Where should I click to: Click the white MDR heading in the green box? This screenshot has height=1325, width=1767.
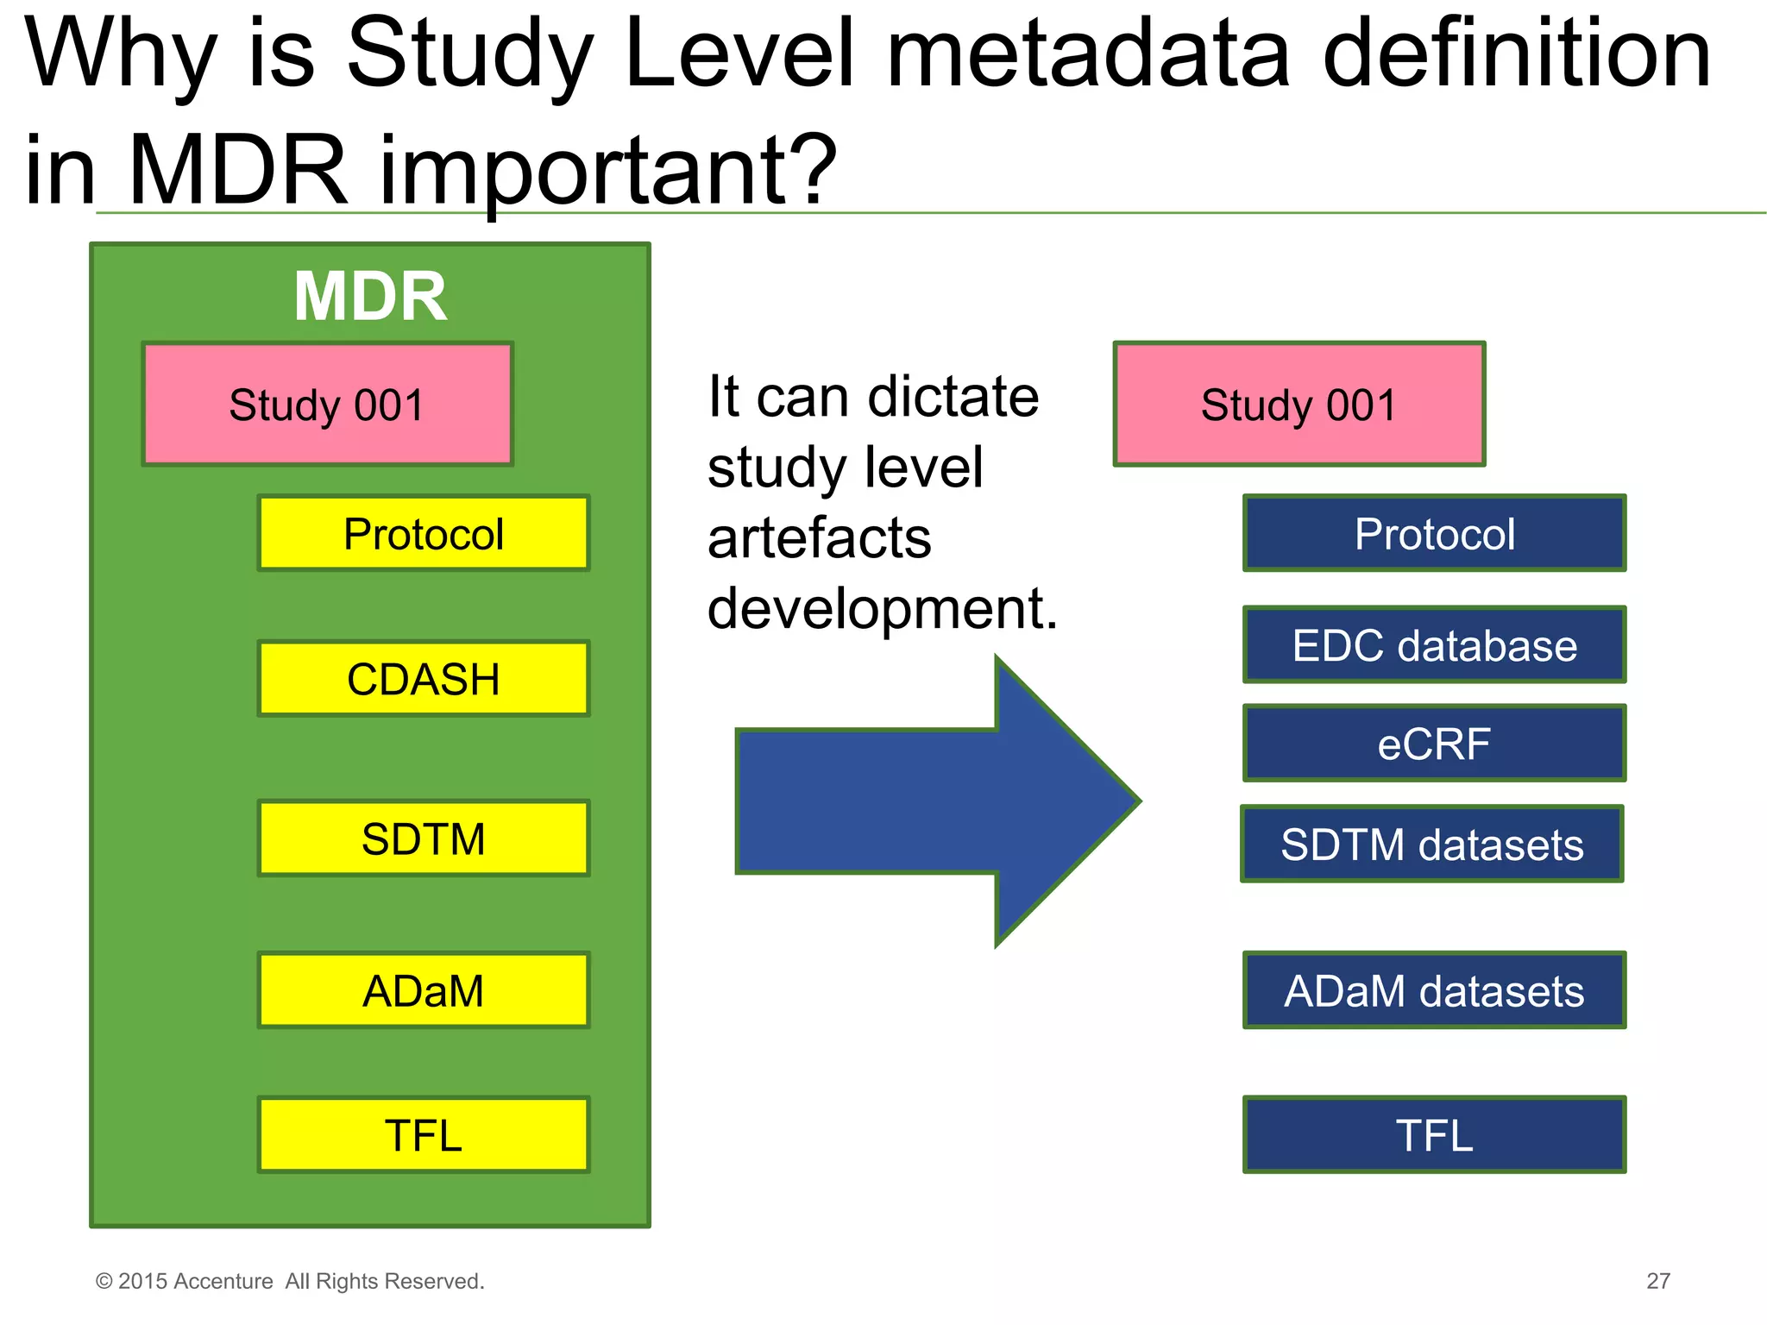tap(370, 297)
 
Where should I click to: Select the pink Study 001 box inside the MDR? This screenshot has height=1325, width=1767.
tap(327, 405)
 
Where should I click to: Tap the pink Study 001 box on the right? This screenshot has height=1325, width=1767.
tap(1299, 405)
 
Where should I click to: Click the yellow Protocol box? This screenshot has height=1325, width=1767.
tap(424, 534)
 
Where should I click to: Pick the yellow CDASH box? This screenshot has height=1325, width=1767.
tap(424, 679)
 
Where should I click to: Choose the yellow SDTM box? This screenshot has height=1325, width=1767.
tap(424, 838)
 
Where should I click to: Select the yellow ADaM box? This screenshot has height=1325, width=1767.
tap(424, 990)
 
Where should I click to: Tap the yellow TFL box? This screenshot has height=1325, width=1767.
tap(424, 1134)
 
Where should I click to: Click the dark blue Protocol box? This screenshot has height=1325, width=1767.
tap(1434, 534)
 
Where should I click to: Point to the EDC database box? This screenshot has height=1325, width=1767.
tap(1434, 645)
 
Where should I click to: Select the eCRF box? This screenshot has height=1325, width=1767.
tap(1434, 744)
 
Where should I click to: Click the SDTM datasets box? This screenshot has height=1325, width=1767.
tap(1432, 844)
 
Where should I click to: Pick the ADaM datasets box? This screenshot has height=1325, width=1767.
tap(1434, 990)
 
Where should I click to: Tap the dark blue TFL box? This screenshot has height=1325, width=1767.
tap(1434, 1134)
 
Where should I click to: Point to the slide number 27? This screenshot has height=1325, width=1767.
tap(1657, 1281)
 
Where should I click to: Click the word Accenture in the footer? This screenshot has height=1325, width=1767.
tap(223, 1281)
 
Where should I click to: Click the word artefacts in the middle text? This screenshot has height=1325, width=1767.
tap(819, 538)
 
